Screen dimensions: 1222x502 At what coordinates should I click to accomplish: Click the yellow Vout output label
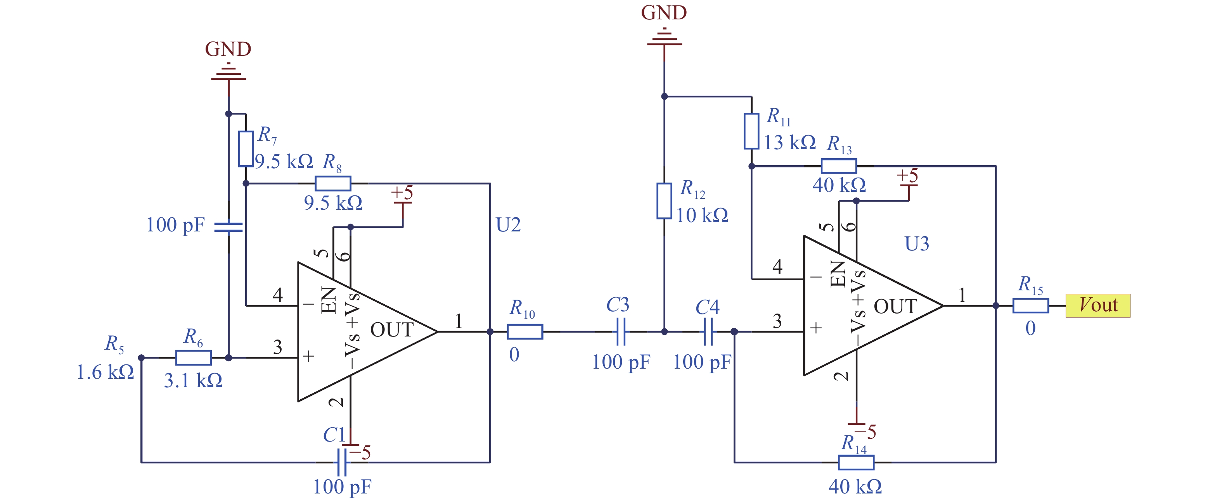tap(1098, 305)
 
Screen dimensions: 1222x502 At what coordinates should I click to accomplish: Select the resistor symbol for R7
tap(245, 149)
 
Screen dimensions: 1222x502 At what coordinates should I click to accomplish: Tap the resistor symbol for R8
tap(333, 183)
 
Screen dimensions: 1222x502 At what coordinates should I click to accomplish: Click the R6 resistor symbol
tap(194, 357)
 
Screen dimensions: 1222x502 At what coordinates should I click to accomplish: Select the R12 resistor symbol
tap(664, 201)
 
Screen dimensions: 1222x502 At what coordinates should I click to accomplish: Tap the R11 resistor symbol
tap(751, 131)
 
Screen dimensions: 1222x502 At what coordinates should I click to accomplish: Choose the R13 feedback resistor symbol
tap(839, 166)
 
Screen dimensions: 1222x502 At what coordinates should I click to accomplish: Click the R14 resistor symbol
tap(856, 462)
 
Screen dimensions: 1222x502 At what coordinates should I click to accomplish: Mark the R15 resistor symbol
tap(1031, 305)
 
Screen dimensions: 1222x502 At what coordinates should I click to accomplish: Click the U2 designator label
tap(508, 225)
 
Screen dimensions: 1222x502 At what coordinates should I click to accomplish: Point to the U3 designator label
tap(917, 244)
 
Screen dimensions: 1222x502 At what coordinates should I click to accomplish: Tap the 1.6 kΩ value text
tap(105, 372)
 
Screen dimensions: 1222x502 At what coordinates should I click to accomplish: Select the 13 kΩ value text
tap(790, 142)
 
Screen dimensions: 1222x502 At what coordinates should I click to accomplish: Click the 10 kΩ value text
tap(702, 215)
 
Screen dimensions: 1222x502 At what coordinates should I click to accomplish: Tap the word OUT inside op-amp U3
tap(895, 307)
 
